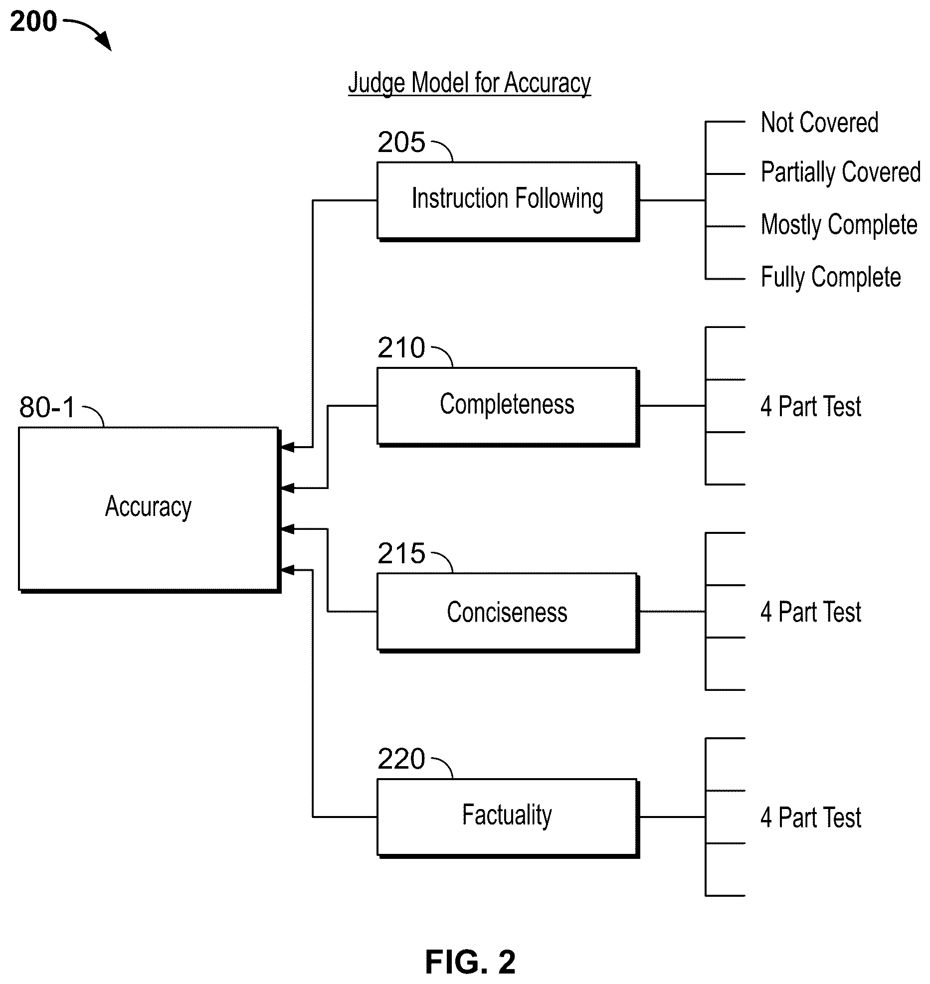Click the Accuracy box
click(149, 509)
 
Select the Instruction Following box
click(508, 201)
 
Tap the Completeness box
click(508, 406)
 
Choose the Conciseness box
click(508, 613)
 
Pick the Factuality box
click(508, 818)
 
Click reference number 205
click(401, 143)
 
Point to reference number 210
click(401, 348)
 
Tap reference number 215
click(401, 554)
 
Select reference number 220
click(401, 759)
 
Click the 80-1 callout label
click(47, 407)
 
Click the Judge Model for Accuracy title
click(470, 83)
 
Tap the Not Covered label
click(820, 123)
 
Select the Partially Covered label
click(841, 173)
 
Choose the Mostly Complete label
click(839, 225)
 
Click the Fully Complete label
click(831, 278)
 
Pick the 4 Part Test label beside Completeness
click(811, 406)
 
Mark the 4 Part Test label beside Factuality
click(811, 818)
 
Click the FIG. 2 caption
click(470, 962)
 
